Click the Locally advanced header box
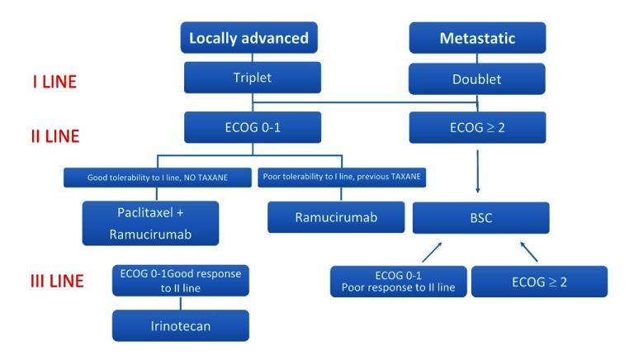pyautogui.click(x=248, y=38)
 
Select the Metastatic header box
pyautogui.click(x=477, y=38)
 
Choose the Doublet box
pyautogui.click(x=477, y=79)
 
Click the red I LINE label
pyautogui.click(x=54, y=82)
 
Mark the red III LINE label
pyautogui.click(x=57, y=281)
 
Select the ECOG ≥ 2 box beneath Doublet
pyautogui.click(x=477, y=127)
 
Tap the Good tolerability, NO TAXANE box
pyautogui.click(x=158, y=177)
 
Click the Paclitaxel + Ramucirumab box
pyautogui.click(x=151, y=222)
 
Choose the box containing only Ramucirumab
pyautogui.click(x=337, y=216)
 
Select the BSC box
pyautogui.click(x=480, y=218)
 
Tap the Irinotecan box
pyautogui.click(x=181, y=325)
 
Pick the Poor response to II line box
pyautogui.click(x=399, y=281)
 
